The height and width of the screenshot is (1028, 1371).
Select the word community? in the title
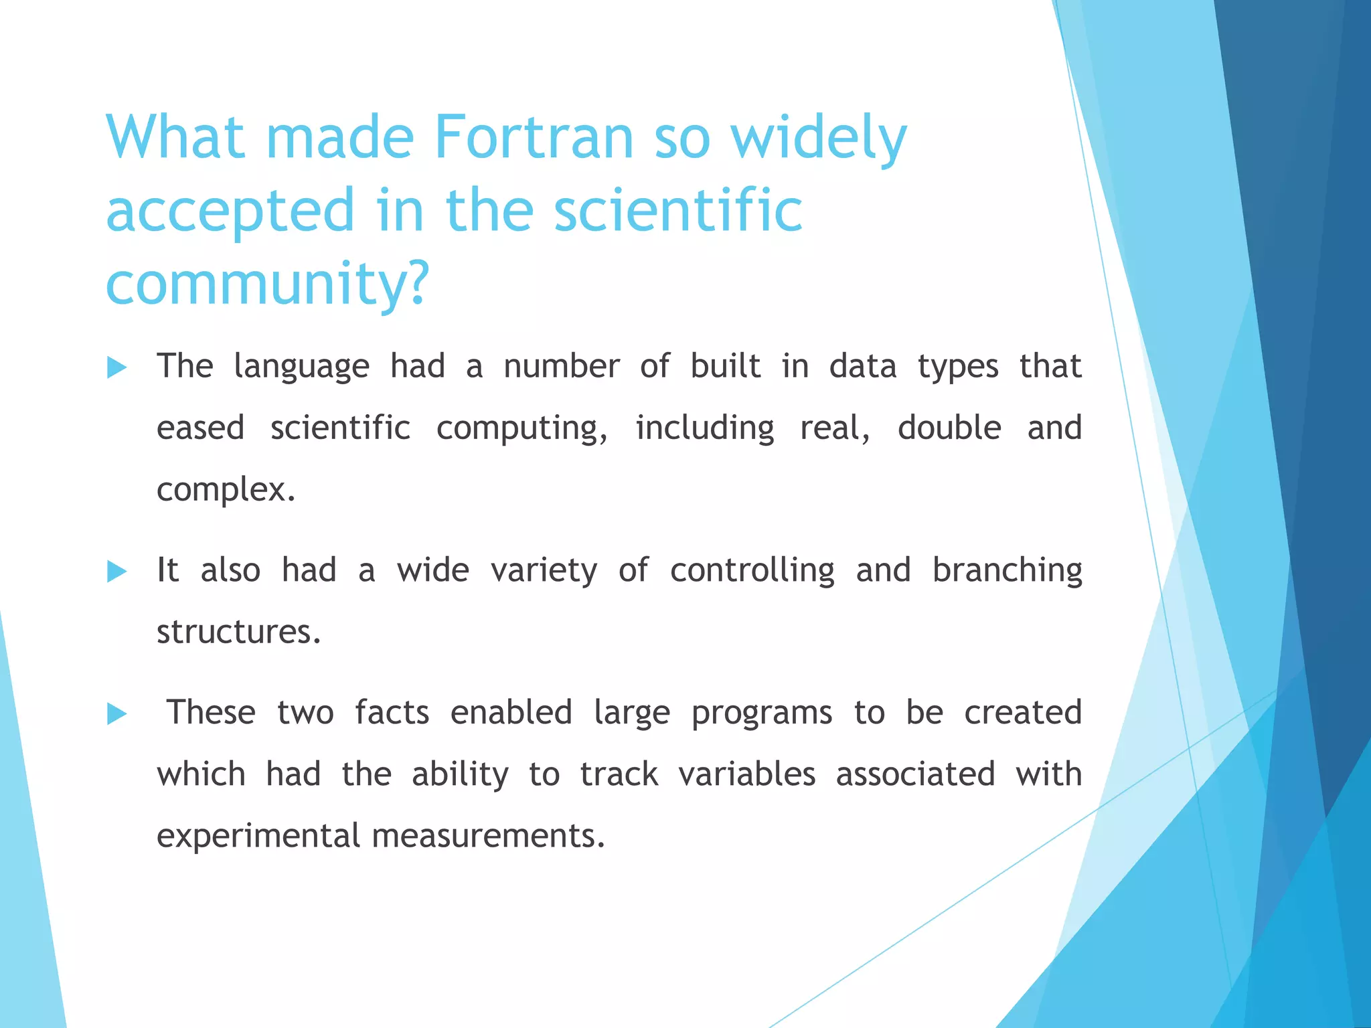tap(266, 283)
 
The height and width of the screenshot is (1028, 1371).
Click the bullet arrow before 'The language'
tap(116, 367)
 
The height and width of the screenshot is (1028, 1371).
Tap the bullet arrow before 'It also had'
tap(116, 572)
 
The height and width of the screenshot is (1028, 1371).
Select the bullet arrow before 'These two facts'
tap(116, 714)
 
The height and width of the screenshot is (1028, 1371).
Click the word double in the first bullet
tap(949, 428)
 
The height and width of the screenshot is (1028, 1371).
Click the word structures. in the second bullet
tap(239, 632)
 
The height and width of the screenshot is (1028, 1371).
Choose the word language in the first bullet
tap(301, 367)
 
